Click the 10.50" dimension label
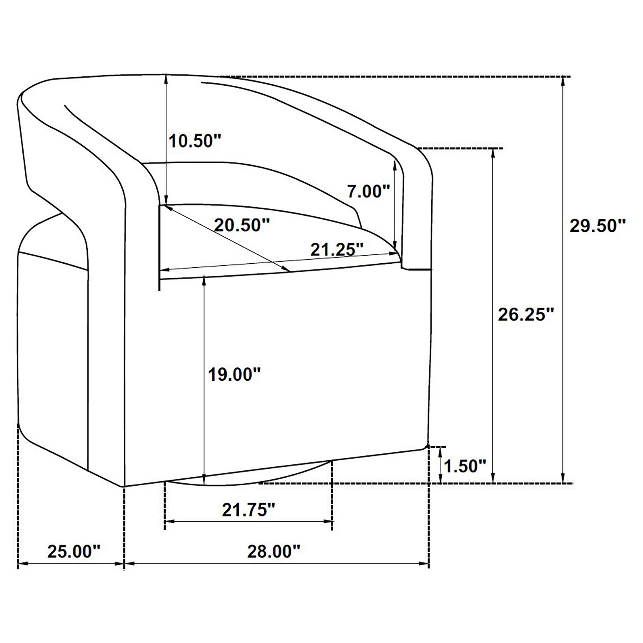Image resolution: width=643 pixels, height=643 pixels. [195, 141]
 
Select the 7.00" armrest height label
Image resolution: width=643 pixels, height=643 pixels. [368, 191]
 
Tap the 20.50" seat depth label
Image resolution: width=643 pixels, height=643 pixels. [242, 225]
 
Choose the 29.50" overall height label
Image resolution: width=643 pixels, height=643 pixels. [597, 226]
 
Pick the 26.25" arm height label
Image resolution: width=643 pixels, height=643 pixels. [526, 315]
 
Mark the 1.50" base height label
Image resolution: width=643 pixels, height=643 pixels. [465, 466]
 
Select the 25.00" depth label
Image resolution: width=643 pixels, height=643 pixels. [74, 551]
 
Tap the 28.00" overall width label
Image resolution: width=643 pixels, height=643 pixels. [274, 551]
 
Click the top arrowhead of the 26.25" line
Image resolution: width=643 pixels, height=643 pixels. [493, 153]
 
